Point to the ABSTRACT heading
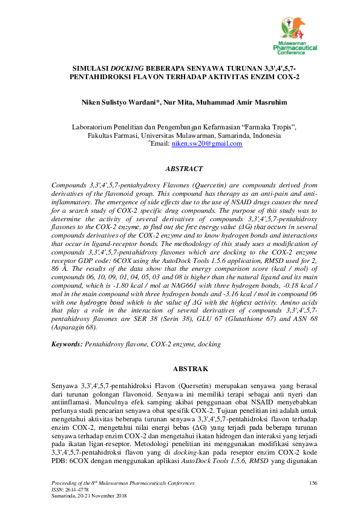click(x=184, y=169)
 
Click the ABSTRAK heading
click(x=191, y=368)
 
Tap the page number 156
click(x=313, y=482)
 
